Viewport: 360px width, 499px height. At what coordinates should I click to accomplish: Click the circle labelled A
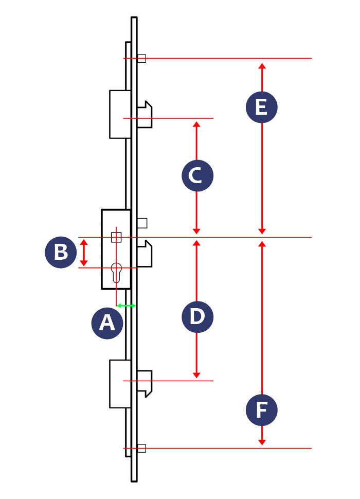(107, 323)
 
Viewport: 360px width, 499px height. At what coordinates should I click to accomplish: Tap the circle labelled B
(61, 253)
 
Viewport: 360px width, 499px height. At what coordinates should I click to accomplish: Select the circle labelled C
(197, 176)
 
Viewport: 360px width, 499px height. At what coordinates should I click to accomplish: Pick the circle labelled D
(197, 317)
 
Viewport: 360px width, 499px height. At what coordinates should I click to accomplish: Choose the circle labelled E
(261, 107)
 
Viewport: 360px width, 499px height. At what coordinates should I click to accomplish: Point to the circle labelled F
(261, 410)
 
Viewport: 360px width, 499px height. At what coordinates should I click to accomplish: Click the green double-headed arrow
(127, 306)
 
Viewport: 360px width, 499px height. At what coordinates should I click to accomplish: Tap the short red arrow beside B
(84, 253)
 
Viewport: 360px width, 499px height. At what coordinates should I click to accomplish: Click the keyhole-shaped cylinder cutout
(116, 272)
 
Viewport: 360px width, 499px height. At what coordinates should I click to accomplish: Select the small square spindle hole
(116, 237)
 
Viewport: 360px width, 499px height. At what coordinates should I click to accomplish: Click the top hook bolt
(145, 114)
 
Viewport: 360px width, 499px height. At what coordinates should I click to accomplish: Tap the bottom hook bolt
(145, 383)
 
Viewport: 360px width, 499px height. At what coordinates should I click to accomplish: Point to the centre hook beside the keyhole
(145, 254)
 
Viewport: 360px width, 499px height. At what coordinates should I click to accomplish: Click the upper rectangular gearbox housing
(120, 114)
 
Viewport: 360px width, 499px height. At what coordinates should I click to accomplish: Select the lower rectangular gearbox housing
(120, 384)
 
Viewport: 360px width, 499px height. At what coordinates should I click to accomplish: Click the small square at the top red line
(141, 59)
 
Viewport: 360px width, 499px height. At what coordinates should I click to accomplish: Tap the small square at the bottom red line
(141, 448)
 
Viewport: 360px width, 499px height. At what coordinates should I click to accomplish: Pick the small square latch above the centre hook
(142, 223)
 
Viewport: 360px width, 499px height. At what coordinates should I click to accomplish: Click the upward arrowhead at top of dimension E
(262, 66)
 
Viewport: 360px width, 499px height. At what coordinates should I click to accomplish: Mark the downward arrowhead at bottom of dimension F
(262, 442)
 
